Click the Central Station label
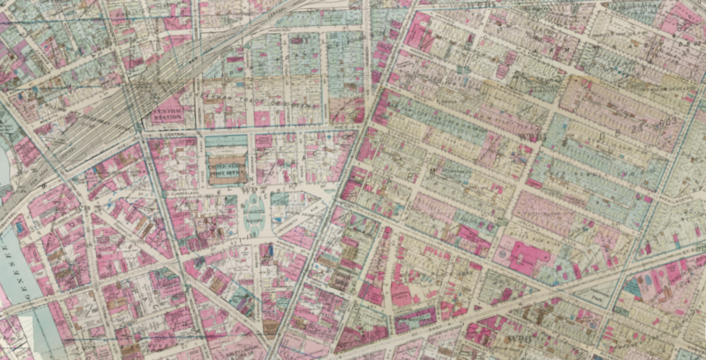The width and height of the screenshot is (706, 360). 167,113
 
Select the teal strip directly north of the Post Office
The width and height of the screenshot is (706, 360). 226,141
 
